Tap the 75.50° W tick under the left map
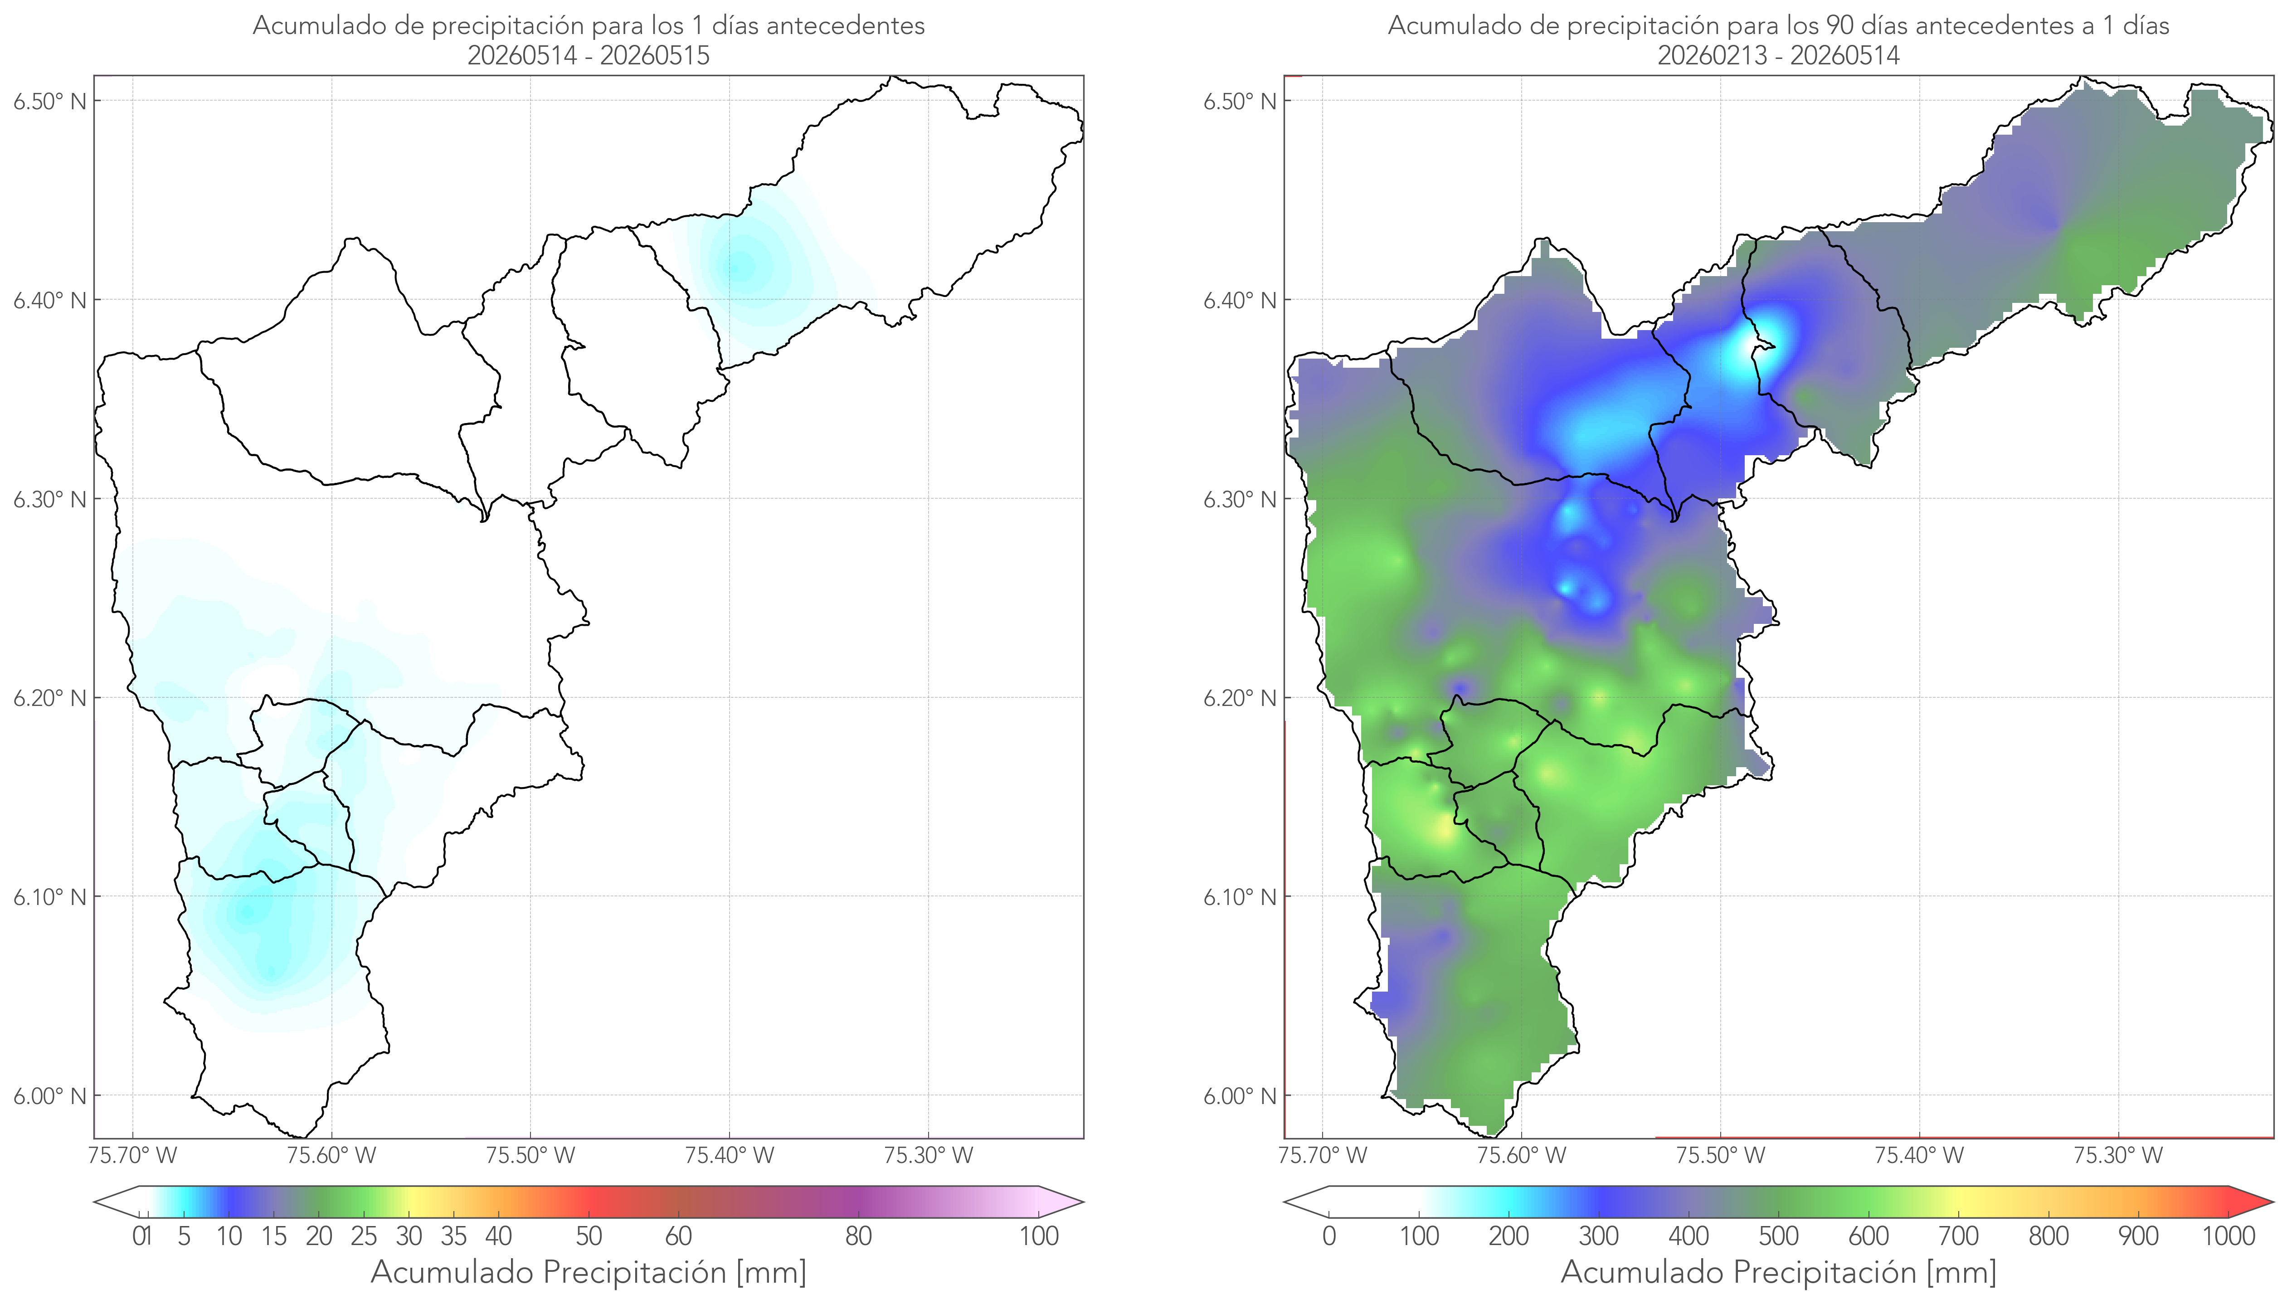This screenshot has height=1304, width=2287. click(530, 1155)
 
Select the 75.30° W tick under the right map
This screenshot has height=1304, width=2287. click(2118, 1155)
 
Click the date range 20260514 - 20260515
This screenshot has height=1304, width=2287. click(589, 55)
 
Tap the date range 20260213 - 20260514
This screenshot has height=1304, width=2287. click(1778, 55)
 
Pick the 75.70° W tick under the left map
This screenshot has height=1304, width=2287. click(132, 1155)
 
